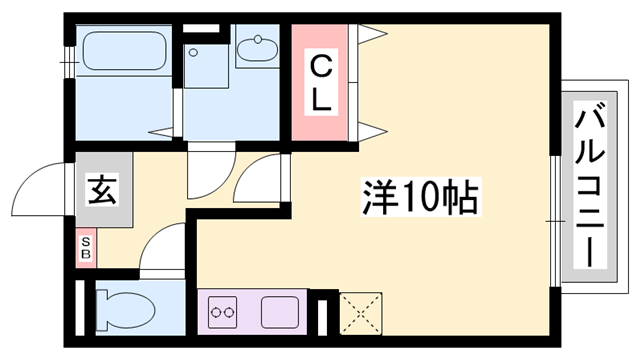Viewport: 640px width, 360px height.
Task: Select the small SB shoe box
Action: tap(86, 247)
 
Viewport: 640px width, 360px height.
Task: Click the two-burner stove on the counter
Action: tap(224, 311)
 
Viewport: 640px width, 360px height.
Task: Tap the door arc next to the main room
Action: tap(262, 176)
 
